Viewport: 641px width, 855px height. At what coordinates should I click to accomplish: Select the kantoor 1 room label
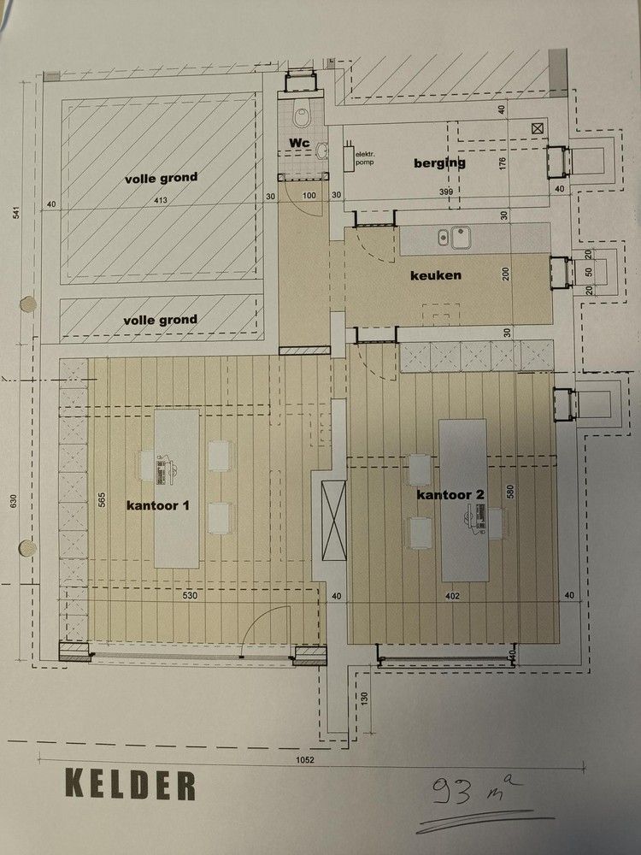pos(157,505)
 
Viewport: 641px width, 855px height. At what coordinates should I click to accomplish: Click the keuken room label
pos(436,275)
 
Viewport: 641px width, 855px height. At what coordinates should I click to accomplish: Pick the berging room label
pos(440,162)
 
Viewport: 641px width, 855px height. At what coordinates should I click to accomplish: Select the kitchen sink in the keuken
pos(455,236)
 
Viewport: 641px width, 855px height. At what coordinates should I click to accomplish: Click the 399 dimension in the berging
pos(445,191)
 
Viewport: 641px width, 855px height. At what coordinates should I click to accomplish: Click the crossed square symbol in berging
pos(537,127)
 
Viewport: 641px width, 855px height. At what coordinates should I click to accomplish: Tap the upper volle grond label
pos(161,178)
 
